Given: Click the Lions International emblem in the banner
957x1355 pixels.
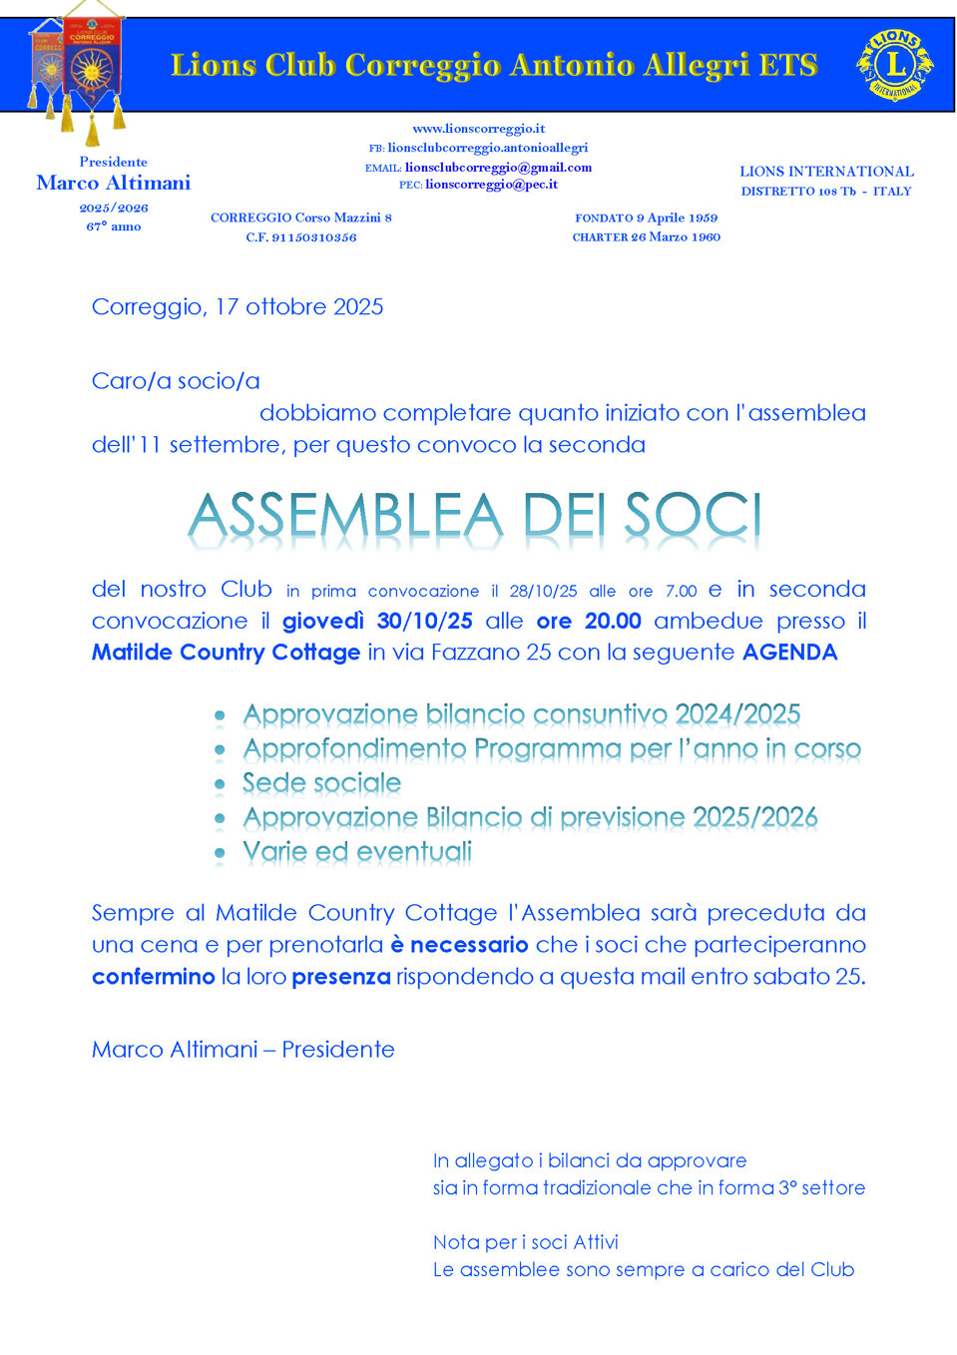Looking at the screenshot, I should [x=895, y=65].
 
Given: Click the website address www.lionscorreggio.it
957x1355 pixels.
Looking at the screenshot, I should [x=478, y=129].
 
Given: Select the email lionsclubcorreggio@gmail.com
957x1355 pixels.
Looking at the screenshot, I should [x=498, y=168].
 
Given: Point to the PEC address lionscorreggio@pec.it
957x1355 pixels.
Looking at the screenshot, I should [x=491, y=185].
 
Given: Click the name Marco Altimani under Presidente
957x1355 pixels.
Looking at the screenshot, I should [x=114, y=183].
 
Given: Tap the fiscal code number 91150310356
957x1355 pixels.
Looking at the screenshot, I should [x=314, y=237].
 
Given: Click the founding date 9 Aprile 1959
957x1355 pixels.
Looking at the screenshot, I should [x=677, y=218].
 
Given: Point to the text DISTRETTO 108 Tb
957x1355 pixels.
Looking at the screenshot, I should [x=798, y=192].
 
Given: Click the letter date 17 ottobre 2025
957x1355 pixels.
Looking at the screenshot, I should [x=299, y=307].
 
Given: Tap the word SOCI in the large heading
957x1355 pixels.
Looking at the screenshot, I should [x=693, y=517].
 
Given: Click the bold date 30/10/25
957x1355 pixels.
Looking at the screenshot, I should [x=424, y=621].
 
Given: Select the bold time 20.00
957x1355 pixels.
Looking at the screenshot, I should [x=613, y=621].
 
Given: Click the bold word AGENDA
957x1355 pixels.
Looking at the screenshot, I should [x=789, y=653].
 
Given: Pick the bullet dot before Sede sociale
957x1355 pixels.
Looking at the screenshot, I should [x=220, y=785].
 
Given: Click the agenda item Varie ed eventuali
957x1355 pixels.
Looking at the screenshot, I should [x=357, y=852].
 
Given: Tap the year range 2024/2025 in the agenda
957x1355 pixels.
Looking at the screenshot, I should [x=737, y=714].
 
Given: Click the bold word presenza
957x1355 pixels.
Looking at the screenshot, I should [x=340, y=977].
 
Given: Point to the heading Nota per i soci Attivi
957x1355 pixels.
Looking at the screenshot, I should [x=526, y=1242].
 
